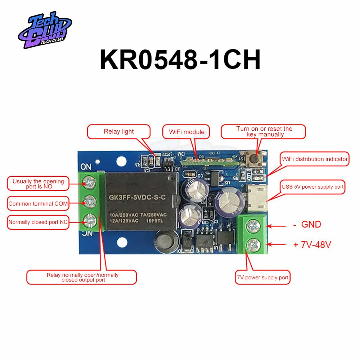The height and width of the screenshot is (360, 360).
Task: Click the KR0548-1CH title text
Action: click(x=180, y=60)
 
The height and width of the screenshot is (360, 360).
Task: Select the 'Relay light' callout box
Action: click(x=118, y=132)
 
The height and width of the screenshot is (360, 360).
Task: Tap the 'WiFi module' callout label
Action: click(x=186, y=132)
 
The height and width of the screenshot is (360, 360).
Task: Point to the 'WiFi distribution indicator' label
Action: click(x=315, y=159)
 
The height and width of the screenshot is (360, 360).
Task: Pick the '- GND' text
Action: click(x=307, y=225)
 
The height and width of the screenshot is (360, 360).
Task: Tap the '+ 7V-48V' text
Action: click(x=312, y=245)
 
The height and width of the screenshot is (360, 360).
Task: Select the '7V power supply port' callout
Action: click(x=262, y=278)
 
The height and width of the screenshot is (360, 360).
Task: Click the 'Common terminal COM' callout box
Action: click(x=38, y=204)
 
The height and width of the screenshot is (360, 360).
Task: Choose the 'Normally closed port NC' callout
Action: click(x=38, y=222)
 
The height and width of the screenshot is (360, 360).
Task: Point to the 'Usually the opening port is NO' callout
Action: click(x=38, y=184)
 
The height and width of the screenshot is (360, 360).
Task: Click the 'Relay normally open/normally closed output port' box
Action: click(x=82, y=277)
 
